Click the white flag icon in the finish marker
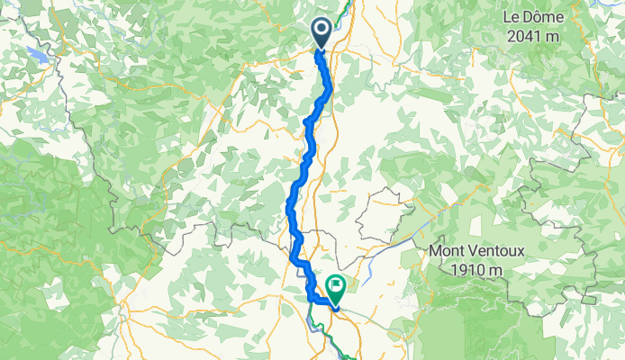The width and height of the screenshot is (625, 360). [337, 287]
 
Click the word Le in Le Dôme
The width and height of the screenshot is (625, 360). [512, 17]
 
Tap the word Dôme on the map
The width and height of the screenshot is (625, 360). [541, 17]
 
